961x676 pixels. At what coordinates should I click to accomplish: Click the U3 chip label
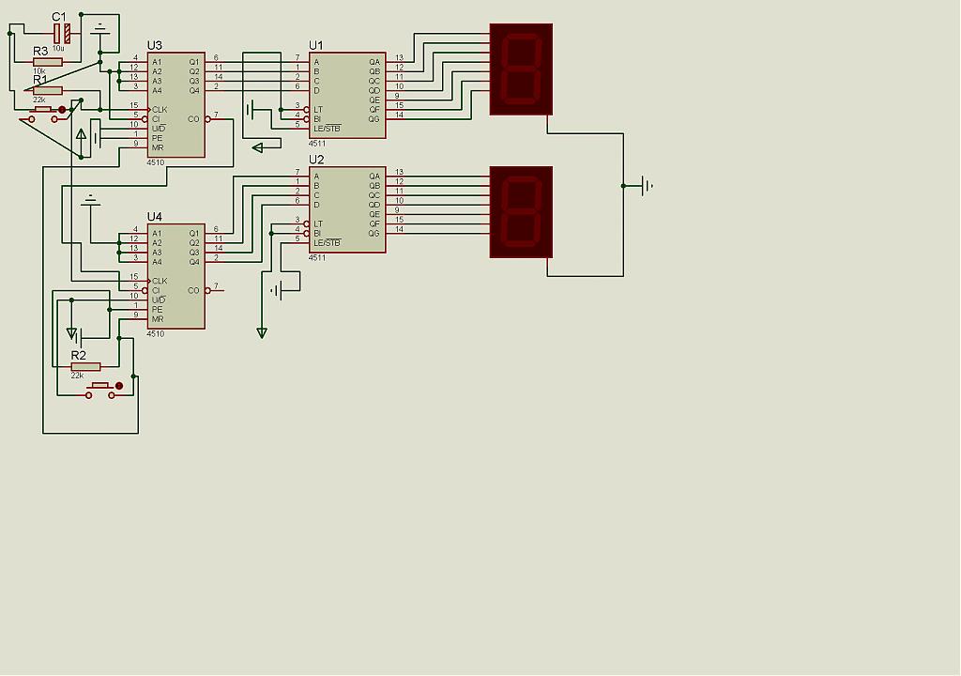click(155, 45)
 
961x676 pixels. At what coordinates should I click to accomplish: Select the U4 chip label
click(155, 217)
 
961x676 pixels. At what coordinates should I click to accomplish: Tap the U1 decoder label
click(316, 45)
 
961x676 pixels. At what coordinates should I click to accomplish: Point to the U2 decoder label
click(316, 160)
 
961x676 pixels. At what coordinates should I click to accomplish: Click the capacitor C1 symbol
click(62, 33)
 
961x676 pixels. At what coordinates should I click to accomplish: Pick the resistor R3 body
click(47, 62)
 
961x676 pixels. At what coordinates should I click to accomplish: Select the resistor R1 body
click(47, 90)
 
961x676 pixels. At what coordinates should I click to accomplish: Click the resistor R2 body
click(85, 366)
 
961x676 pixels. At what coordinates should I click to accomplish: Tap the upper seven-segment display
click(521, 69)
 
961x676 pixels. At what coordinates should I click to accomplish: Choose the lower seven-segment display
click(521, 212)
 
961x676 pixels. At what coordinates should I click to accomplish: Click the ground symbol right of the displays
click(647, 186)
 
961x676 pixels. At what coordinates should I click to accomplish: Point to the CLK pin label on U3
click(160, 109)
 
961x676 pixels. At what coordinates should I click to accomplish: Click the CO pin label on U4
click(194, 290)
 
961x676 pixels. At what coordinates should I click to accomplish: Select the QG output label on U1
click(374, 119)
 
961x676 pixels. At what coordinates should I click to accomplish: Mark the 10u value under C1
click(58, 47)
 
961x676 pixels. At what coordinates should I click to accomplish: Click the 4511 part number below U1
click(317, 144)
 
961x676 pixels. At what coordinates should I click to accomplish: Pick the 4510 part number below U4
click(156, 334)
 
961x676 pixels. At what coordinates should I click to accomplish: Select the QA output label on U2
click(374, 177)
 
